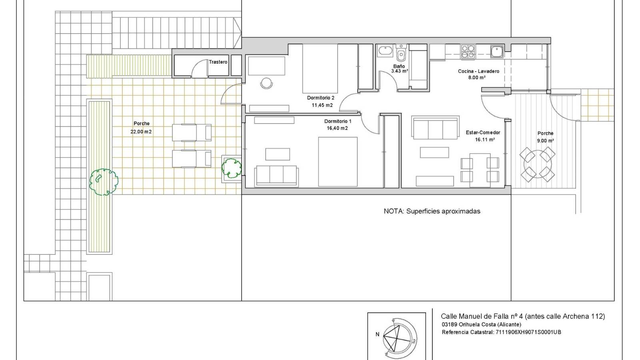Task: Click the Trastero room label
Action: coord(218,62)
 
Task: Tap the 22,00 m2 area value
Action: coord(141,132)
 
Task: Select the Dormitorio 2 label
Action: coord(320,98)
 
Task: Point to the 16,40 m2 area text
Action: coord(337,128)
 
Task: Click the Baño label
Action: coord(399,66)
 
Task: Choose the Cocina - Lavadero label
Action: coord(478,71)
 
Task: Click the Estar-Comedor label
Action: coord(483,132)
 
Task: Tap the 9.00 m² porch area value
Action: coord(545,141)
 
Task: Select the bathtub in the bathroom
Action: coord(386,51)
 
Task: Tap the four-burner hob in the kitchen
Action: coord(468,51)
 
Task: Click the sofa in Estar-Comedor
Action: coord(435,128)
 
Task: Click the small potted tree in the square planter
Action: coord(232,168)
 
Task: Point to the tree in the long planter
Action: coord(103,182)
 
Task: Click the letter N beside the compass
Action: coord(377,334)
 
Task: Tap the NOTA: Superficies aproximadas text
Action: coord(432,211)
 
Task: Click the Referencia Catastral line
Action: coord(501,332)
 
